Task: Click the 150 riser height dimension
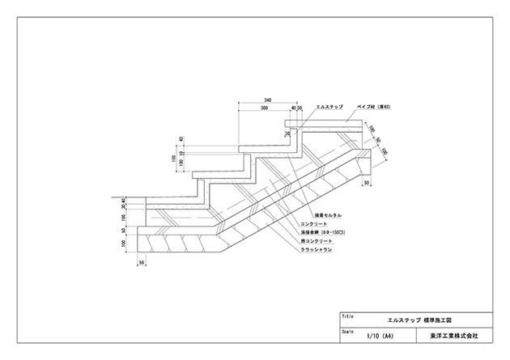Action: pyautogui.click(x=173, y=159)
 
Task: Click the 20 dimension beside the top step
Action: pyautogui.click(x=287, y=133)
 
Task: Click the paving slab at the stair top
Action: pyautogui.click(x=324, y=123)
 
